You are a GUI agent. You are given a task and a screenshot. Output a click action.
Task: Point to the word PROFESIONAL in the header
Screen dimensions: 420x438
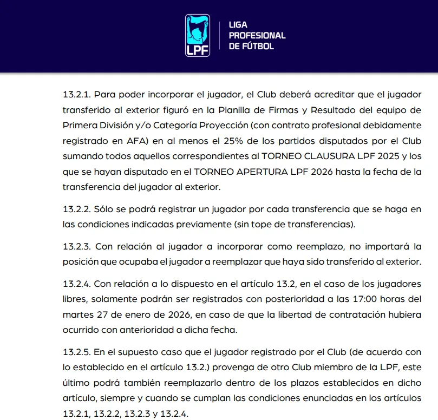pos(257,36)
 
